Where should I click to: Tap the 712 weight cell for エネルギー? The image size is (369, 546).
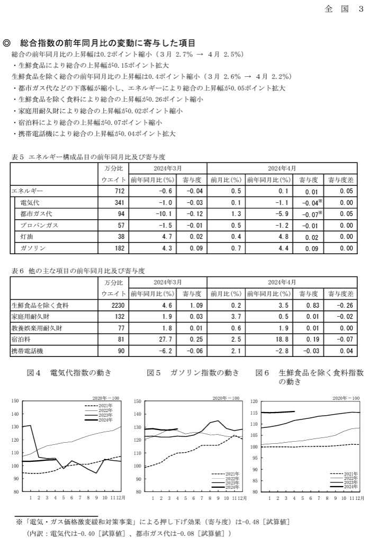(119, 191)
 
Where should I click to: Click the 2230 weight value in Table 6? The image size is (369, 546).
(117, 305)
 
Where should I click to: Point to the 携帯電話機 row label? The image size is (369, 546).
(26, 351)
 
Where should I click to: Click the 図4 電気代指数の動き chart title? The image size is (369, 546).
(69, 373)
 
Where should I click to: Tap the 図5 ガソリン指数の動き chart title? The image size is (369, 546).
(193, 373)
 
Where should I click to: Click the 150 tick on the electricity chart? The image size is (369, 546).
(15, 401)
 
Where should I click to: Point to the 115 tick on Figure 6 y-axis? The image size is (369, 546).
(255, 413)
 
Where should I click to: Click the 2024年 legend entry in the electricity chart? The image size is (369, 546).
(99, 420)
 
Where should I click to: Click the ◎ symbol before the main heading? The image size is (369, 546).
(7, 43)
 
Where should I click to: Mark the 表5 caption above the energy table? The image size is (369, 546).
(17, 157)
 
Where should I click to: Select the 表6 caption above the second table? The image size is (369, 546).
(17, 271)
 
